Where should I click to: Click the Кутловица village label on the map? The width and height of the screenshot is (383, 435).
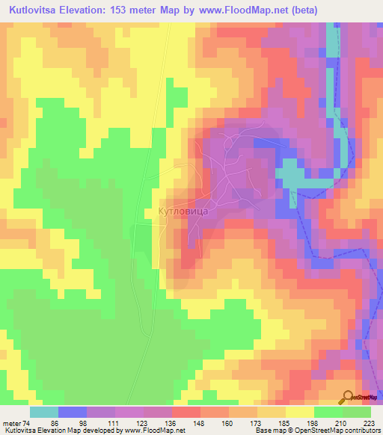188,212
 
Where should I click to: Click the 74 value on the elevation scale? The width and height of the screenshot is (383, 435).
28,423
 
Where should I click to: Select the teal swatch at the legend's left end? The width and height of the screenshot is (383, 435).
43,412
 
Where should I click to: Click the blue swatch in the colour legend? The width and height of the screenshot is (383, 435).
72,412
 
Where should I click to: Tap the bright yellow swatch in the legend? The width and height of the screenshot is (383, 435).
299,412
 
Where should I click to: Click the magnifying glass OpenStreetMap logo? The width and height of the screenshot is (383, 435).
348,396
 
